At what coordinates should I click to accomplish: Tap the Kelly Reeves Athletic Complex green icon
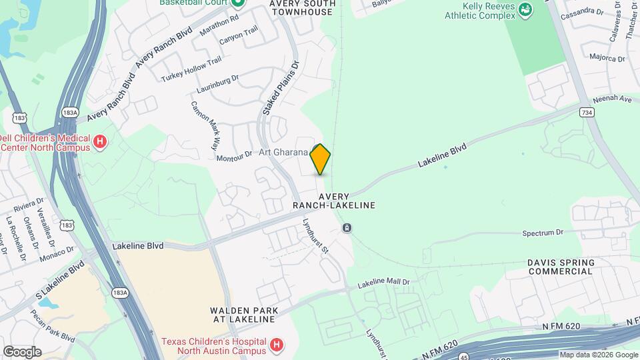click(x=527, y=9)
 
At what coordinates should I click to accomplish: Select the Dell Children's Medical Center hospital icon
click(x=100, y=141)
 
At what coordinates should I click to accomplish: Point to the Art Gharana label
click(x=284, y=153)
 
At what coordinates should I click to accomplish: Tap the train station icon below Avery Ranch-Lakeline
click(x=347, y=229)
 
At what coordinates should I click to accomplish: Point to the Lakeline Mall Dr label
click(x=383, y=284)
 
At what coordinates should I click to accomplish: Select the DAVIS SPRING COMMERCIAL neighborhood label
click(x=560, y=267)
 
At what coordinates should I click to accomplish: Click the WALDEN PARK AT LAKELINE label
click(x=243, y=315)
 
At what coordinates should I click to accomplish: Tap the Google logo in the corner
click(x=21, y=351)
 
